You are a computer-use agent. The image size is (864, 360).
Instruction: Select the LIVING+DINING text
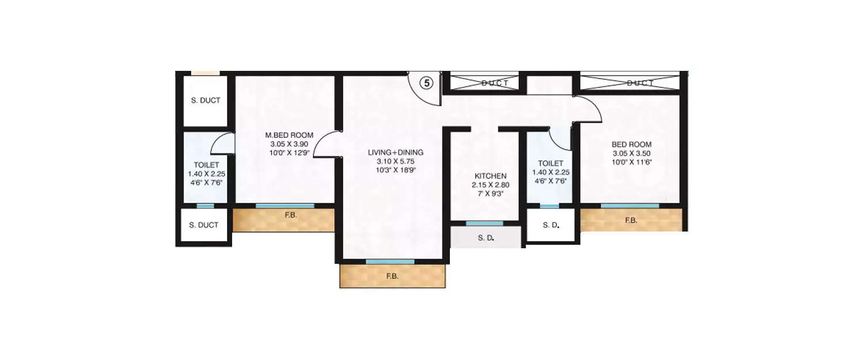pyautogui.click(x=396, y=153)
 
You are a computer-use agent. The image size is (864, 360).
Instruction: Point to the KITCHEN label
pyautogui.click(x=490, y=176)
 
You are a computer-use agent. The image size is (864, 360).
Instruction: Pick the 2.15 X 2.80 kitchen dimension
pyautogui.click(x=490, y=185)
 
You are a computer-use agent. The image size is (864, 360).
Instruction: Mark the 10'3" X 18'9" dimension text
pyautogui.click(x=396, y=170)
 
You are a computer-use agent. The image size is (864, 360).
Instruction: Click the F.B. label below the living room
pyautogui.click(x=392, y=276)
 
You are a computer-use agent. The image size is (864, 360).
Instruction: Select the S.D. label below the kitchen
pyautogui.click(x=486, y=237)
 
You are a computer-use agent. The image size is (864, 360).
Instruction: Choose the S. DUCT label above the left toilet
pyautogui.click(x=206, y=101)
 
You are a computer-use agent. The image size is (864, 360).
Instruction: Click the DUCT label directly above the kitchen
pyautogui.click(x=495, y=84)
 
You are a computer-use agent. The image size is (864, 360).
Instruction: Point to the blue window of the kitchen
pyautogui.click(x=484, y=223)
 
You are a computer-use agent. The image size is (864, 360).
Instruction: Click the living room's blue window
pyautogui.click(x=390, y=262)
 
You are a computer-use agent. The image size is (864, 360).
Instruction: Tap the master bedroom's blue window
pyautogui.click(x=285, y=206)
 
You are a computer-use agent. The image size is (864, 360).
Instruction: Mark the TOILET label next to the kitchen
pyautogui.click(x=550, y=164)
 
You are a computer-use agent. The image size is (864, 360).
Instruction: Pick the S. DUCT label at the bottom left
pyautogui.click(x=204, y=225)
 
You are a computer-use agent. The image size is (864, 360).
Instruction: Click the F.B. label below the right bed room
pyautogui.click(x=631, y=220)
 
